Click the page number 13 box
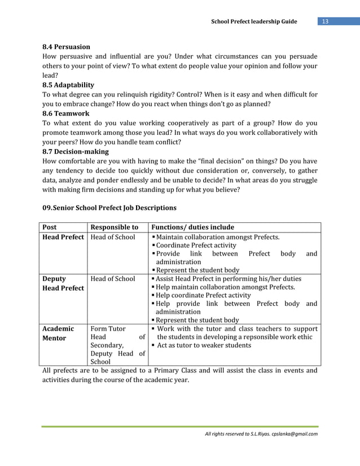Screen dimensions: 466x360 (x=325, y=22)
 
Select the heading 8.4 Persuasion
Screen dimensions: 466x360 (x=67, y=47)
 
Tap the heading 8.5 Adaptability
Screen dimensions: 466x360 (x=69, y=85)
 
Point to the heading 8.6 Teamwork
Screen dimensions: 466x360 (x=66, y=113)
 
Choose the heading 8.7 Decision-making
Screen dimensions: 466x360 (x=76, y=151)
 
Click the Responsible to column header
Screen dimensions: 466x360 (x=115, y=227)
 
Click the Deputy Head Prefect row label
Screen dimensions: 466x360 (x=63, y=283)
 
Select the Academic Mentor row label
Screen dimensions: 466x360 (x=58, y=333)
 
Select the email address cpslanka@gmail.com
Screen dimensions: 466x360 (x=295, y=434)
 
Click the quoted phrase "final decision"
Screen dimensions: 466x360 (x=249, y=161)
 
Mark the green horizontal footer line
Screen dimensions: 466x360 (x=179, y=427)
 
